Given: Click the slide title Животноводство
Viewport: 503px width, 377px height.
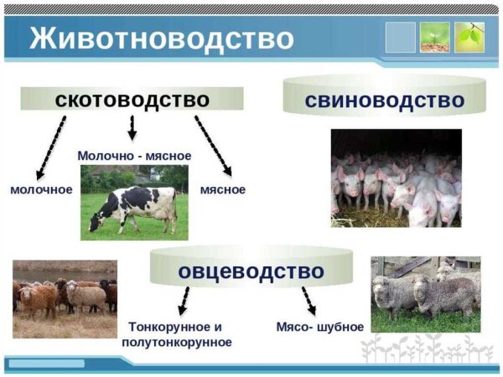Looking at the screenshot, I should click(x=163, y=39).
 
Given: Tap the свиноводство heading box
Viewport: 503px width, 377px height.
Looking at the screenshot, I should click(x=385, y=101).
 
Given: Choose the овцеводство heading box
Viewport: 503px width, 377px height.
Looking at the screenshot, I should click(x=250, y=271).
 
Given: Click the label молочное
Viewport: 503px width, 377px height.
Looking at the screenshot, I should click(x=41, y=190).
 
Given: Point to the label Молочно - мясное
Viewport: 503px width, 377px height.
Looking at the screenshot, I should click(x=134, y=156).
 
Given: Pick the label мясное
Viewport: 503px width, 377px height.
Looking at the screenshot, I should click(x=223, y=190).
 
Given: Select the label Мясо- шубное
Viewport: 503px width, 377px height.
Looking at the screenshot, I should click(x=319, y=327).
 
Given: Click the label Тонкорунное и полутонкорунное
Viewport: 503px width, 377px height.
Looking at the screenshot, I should click(x=180, y=334).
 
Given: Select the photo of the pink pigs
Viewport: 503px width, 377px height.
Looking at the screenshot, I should click(x=396, y=178).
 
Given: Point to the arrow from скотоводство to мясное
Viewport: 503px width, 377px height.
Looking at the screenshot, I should click(x=214, y=145).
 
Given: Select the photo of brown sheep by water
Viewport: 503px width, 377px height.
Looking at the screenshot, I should click(x=65, y=298).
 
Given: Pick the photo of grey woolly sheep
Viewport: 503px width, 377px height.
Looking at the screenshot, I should click(x=426, y=294).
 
